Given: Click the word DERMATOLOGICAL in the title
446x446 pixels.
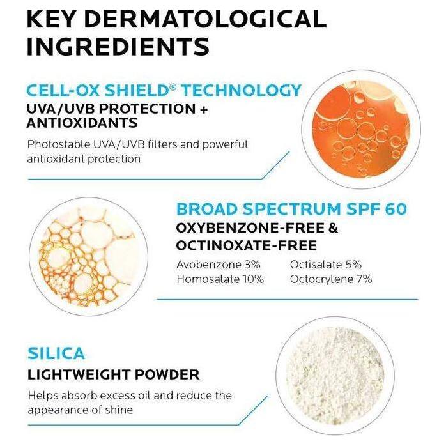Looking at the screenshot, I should coord(211,19).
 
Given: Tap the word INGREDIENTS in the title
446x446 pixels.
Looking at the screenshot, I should coord(118,47).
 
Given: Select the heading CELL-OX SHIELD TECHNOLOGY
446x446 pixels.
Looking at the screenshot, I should coord(164,90).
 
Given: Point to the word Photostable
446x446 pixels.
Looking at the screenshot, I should coord(58,144).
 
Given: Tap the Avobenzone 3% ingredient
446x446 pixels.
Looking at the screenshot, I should coord(213,265).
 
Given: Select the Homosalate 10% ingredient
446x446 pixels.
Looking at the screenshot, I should coord(219,279).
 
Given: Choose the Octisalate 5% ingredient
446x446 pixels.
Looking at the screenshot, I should coord(325,265).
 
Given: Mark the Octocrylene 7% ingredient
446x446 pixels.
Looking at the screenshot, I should coord(330,279).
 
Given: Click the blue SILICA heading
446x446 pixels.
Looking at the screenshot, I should coord(56,353).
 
